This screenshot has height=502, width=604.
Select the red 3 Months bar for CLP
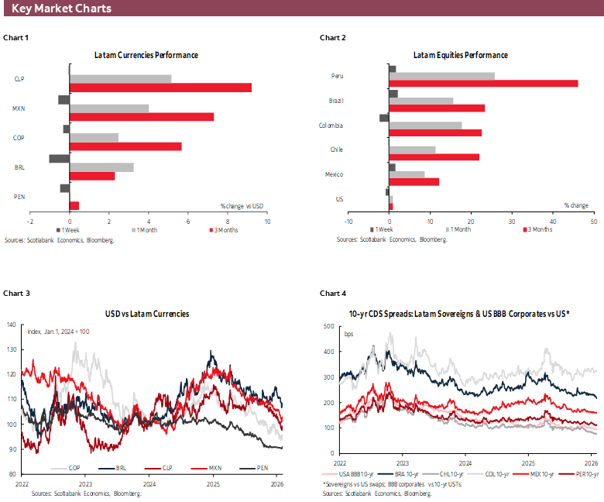coord(160,88)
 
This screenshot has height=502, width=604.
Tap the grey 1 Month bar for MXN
coord(109,108)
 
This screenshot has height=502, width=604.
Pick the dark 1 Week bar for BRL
coord(60,158)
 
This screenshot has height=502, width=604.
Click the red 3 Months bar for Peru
coord(483,84)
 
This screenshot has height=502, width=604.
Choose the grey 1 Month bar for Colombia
coord(425,125)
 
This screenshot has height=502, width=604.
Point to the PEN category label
coord(19,197)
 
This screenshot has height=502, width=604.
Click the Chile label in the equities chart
coord(336,150)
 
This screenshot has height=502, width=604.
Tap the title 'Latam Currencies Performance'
coord(146,55)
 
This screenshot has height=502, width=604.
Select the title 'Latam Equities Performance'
coord(460,55)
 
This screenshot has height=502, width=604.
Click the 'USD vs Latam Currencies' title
coord(146,314)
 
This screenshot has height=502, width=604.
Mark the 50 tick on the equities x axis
coord(592,220)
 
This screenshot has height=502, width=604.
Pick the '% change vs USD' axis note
coord(242,205)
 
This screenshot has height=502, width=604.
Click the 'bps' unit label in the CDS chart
coord(348,335)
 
